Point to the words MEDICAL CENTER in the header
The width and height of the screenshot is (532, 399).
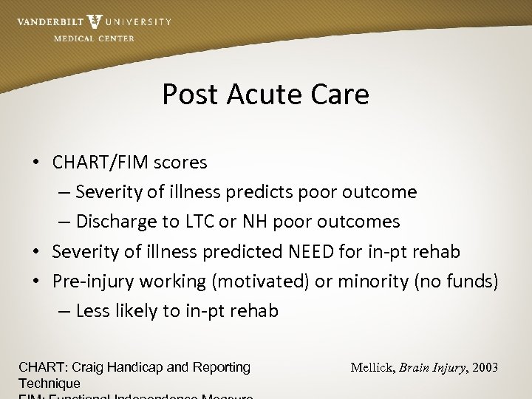click(x=94, y=38)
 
